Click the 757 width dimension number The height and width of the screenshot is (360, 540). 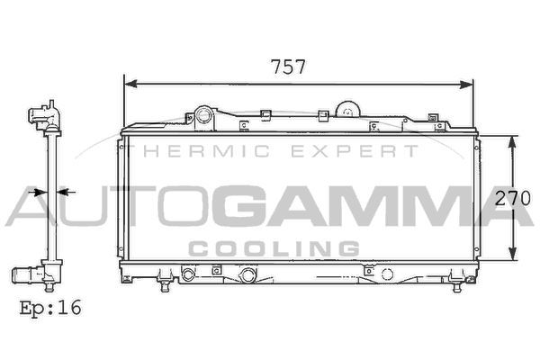click(x=288, y=67)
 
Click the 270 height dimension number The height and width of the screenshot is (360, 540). click(x=512, y=198)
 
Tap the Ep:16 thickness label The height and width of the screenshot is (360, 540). click(x=50, y=307)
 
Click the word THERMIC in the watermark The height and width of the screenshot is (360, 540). click(x=206, y=151)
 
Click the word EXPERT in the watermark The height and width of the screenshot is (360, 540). click(x=355, y=151)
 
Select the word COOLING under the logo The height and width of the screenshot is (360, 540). click(x=274, y=248)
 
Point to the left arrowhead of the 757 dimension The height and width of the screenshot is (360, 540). click(x=130, y=84)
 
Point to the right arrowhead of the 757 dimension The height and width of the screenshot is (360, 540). click(x=466, y=84)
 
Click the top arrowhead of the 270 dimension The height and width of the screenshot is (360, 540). click(x=513, y=142)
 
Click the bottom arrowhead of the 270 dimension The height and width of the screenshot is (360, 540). click(x=513, y=254)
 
